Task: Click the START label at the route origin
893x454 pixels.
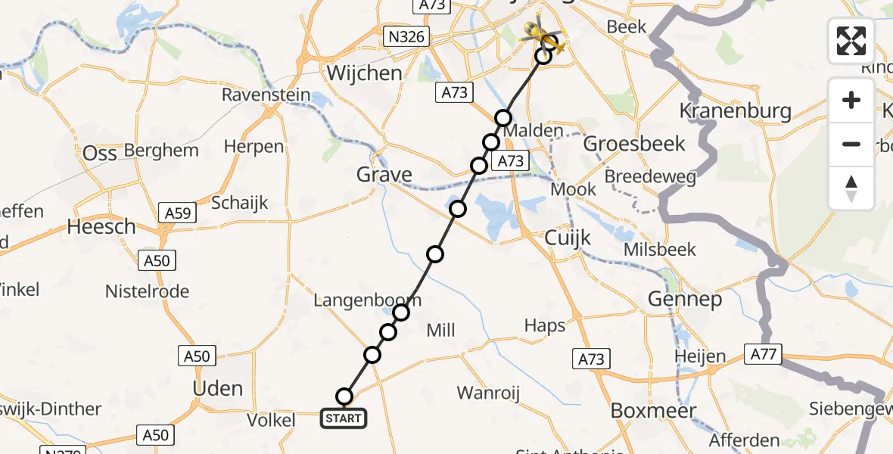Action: click(344, 418)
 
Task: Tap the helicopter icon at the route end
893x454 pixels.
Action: click(543, 37)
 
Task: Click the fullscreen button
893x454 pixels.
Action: click(851, 41)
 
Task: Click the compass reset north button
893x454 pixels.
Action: click(851, 188)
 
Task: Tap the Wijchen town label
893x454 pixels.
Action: click(365, 73)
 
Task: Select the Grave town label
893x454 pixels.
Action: click(384, 176)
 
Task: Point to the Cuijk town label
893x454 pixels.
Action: click(568, 238)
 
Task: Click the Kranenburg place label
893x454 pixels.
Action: click(735, 112)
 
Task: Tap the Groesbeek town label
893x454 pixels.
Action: click(634, 144)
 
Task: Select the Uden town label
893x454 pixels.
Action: click(218, 389)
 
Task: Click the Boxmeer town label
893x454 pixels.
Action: click(643, 410)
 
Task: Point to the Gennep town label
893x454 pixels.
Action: click(685, 300)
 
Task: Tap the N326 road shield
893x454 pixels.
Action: click(406, 37)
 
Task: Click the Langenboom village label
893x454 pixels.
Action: click(367, 301)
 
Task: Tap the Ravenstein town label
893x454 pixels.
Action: click(266, 95)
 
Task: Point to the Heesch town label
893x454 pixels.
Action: click(101, 226)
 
